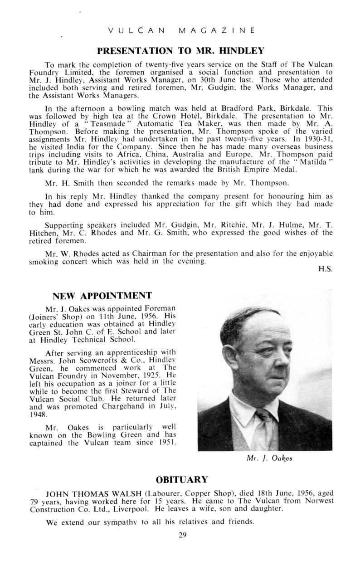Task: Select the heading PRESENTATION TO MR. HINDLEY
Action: pos(180,49)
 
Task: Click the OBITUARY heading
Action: pos(182,479)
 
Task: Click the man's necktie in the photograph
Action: pos(265,424)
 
